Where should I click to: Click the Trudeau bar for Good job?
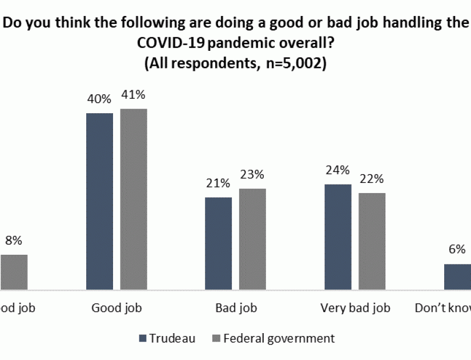pyautogui.click(x=99, y=202)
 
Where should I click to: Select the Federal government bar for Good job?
pyautogui.click(x=134, y=199)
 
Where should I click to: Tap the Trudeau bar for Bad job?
pyautogui.click(x=219, y=244)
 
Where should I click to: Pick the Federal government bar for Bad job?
pyautogui.click(x=252, y=239)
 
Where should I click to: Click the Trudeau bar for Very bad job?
pyautogui.click(x=338, y=237)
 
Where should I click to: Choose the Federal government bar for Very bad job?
pyautogui.click(x=372, y=242)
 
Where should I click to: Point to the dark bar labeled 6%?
pyautogui.click(x=457, y=277)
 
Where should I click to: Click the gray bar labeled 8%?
pyautogui.click(x=14, y=273)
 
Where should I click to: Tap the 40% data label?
pyautogui.click(x=99, y=99)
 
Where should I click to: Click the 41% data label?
pyautogui.click(x=134, y=95)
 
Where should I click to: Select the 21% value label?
pyautogui.click(x=219, y=183)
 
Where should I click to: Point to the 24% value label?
pyautogui.click(x=338, y=170)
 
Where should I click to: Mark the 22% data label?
pyautogui.click(x=372, y=179)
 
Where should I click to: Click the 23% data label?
pyautogui.click(x=252, y=175)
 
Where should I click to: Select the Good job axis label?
pyautogui.click(x=116, y=308)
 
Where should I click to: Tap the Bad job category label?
pyautogui.click(x=236, y=308)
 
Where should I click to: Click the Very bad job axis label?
pyautogui.click(x=355, y=308)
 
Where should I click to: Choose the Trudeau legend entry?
pyautogui.click(x=167, y=338)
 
